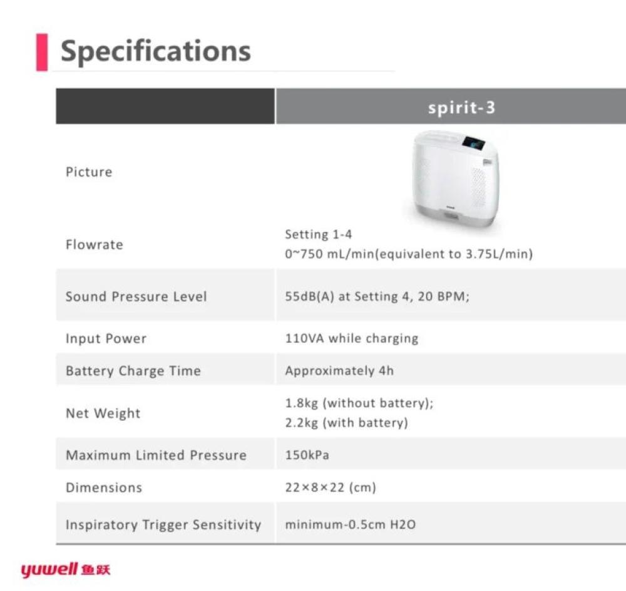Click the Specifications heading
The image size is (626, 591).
pos(156,52)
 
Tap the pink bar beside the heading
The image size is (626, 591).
pos(42,53)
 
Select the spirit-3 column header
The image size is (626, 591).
pos(461,108)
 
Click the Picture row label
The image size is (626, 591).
pos(89,172)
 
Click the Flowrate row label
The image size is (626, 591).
pos(95,245)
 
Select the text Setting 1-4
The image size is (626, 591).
pos(319,235)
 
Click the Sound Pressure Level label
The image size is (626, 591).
pos(136,296)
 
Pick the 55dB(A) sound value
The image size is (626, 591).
pos(309,296)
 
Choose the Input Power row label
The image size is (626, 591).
pos(106,338)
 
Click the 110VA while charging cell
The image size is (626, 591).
pos(352,338)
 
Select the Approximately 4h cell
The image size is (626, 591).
pos(339,371)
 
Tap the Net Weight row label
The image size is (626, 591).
pos(103,413)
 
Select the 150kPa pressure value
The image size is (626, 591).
pos(307,455)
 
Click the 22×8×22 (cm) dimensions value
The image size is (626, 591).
pos(331,487)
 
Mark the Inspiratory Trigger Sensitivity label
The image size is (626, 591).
pos(163,525)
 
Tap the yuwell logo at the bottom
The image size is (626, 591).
pos(66,570)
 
